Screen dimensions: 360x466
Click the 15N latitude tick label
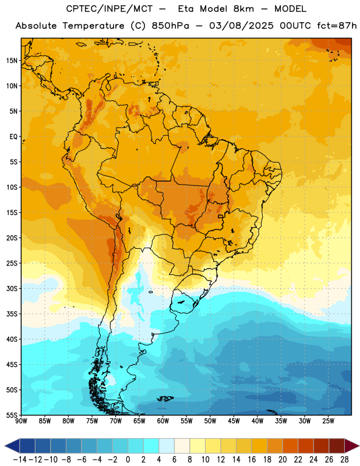point(12,61)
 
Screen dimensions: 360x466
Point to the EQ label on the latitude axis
point(13,137)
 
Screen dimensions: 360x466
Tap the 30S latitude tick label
point(12,288)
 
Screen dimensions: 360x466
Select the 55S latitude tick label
point(12,415)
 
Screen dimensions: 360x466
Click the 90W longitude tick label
point(21,421)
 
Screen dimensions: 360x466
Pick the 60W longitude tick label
point(163,421)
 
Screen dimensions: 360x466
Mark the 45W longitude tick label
point(234,421)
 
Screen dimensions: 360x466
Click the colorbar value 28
point(344,460)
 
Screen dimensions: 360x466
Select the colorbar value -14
point(20,460)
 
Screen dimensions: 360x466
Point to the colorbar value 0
point(128,460)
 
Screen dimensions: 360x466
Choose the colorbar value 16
point(252,460)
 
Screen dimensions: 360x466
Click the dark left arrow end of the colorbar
point(12,446)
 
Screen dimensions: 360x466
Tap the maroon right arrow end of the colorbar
point(352,446)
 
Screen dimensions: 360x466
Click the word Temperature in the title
point(93,26)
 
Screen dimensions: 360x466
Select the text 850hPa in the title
point(170,26)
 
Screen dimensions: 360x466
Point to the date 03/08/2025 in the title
point(241,26)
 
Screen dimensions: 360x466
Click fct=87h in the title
point(337,26)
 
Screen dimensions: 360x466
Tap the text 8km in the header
point(243,9)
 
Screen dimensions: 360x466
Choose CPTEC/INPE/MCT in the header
point(109,9)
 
